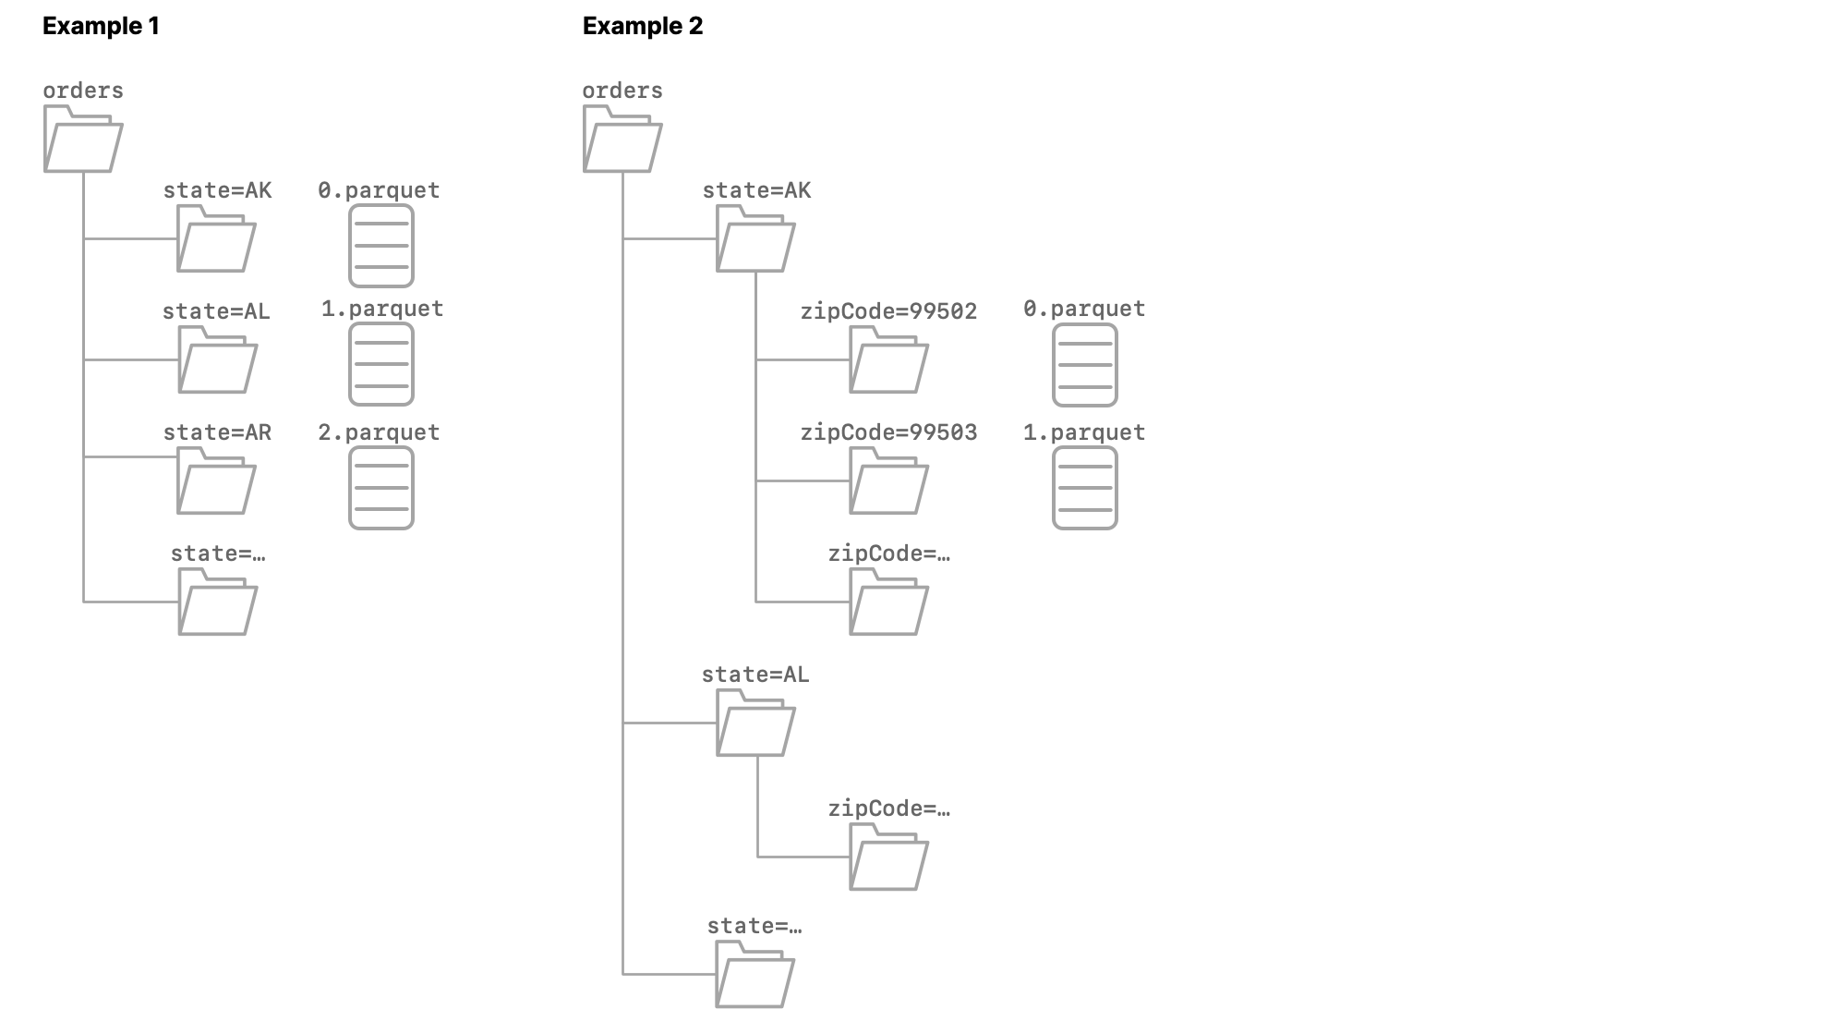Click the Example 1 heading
(x=101, y=26)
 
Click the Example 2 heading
(x=642, y=26)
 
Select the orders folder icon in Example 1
(x=83, y=140)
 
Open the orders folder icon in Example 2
(x=622, y=140)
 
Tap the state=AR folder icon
(x=216, y=481)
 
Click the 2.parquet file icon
(x=381, y=489)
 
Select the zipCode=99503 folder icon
(x=888, y=481)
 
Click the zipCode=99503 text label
(x=888, y=432)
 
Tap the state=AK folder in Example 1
(x=216, y=239)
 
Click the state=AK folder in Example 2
(x=755, y=239)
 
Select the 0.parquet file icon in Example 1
(x=381, y=246)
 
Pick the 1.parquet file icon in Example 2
(x=1085, y=489)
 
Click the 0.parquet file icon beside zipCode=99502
(x=1085, y=365)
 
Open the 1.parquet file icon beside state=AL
(x=381, y=365)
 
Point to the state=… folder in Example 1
(x=217, y=602)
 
